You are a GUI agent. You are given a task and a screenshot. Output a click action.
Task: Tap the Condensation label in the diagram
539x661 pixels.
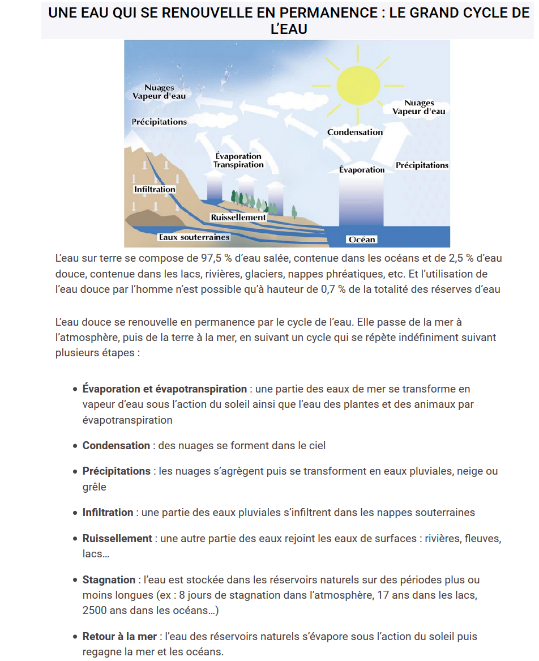pyautogui.click(x=355, y=132)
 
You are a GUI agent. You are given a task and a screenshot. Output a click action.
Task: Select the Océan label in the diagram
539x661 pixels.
pyautogui.click(x=362, y=239)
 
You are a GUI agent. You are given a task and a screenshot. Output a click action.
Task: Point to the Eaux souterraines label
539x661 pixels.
pyautogui.click(x=194, y=237)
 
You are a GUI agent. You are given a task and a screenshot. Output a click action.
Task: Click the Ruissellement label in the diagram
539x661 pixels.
pyautogui.click(x=238, y=217)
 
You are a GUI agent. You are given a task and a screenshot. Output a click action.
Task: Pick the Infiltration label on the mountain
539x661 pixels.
pyautogui.click(x=155, y=189)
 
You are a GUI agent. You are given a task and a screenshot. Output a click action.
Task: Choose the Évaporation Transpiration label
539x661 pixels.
pyautogui.click(x=238, y=160)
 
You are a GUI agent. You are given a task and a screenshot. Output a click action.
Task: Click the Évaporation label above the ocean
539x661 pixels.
pyautogui.click(x=362, y=169)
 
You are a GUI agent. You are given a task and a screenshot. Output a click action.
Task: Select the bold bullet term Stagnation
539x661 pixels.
pyautogui.click(x=109, y=580)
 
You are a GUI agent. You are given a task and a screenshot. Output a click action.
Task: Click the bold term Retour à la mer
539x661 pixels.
pyautogui.click(x=119, y=637)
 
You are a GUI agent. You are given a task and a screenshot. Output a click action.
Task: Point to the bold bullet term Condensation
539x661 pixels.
pyautogui.click(x=116, y=446)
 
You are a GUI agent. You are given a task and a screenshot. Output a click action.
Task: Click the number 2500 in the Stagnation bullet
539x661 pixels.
pyautogui.click(x=94, y=611)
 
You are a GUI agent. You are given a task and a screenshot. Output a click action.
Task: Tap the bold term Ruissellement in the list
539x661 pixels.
pyautogui.click(x=117, y=538)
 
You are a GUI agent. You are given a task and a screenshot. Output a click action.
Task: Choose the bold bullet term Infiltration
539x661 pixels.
pyautogui.click(x=108, y=513)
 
